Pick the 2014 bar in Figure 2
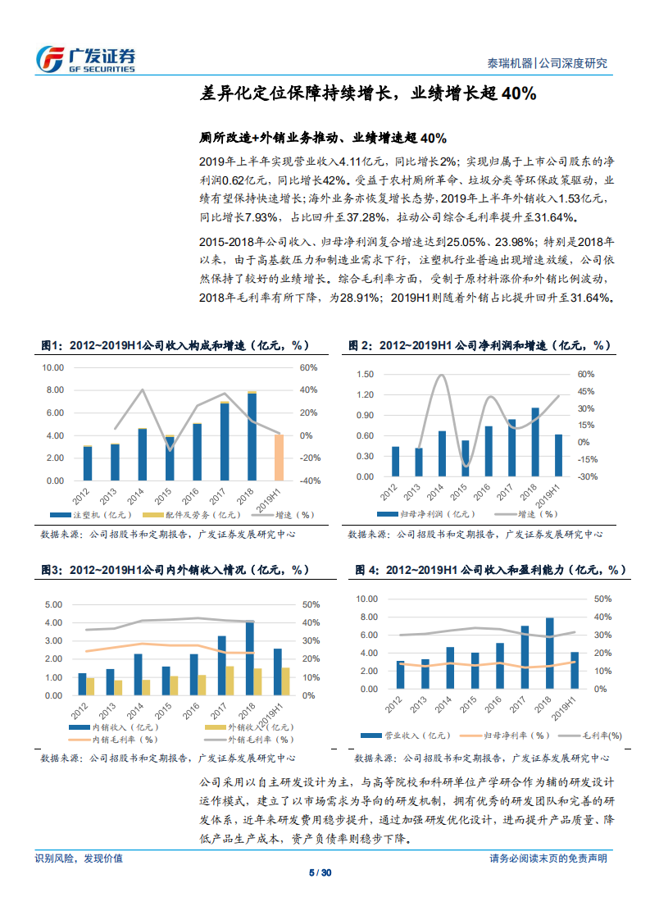pos(442,453)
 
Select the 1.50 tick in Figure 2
pos(366,374)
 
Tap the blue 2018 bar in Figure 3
pos(249,658)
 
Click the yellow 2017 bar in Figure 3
pos(230,681)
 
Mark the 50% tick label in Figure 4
pos(602,599)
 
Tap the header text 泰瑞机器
pos(510,63)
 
